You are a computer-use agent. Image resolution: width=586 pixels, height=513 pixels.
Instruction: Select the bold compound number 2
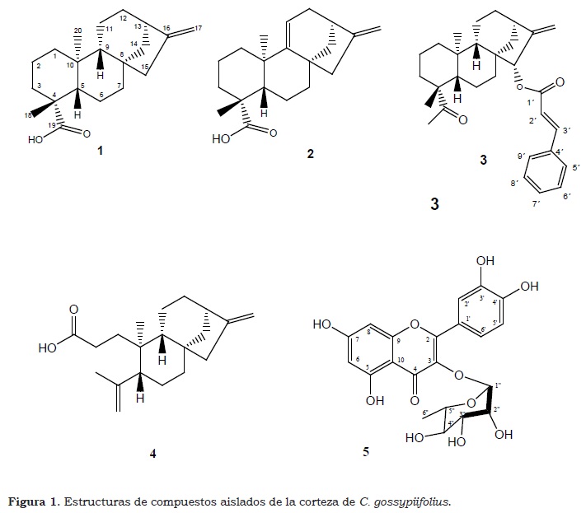310,154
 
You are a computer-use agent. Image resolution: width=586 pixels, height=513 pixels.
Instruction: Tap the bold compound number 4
153,452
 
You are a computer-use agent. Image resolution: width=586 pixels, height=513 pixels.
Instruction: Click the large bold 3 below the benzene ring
434,205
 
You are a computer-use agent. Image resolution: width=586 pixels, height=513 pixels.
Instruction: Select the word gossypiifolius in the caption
415,500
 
